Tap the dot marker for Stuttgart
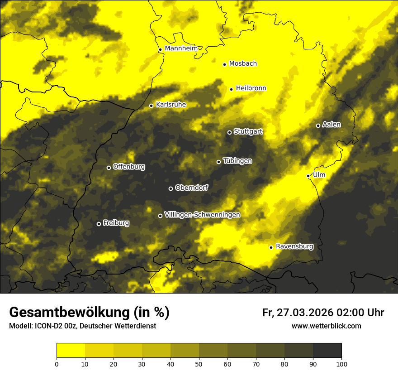[229, 132]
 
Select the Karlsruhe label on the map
[171, 105]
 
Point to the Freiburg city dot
[99, 224]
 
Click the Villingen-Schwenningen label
[202, 215]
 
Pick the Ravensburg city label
[294, 246]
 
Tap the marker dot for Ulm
[308, 176]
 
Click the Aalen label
[332, 125]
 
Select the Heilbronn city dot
[231, 89]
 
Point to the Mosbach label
[243, 64]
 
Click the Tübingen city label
[237, 161]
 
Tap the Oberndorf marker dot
[171, 188]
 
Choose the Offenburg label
[129, 167]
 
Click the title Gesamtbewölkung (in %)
[89, 313]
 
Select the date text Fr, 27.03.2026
[298, 313]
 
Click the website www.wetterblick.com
[326, 326]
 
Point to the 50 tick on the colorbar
[199, 363]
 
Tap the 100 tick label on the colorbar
[341, 363]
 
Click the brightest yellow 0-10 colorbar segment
[71, 351]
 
